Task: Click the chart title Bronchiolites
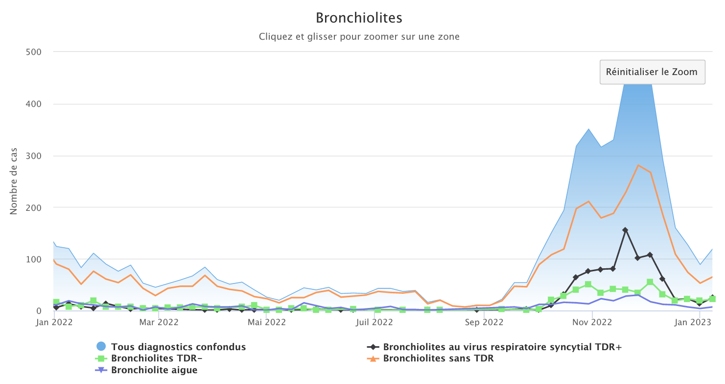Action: pos(359,18)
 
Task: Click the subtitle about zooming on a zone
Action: pos(359,37)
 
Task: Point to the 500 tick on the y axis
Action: pos(33,52)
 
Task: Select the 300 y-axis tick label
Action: pos(33,156)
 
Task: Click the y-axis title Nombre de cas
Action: pos(13,181)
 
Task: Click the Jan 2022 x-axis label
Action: pos(54,322)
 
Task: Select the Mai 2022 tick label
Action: pos(267,322)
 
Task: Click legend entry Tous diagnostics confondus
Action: pos(178,347)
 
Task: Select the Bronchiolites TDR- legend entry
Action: pos(157,358)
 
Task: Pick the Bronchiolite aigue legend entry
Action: pos(154,370)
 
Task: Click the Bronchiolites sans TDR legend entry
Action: pos(438,358)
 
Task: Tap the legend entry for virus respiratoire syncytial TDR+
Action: pos(502,347)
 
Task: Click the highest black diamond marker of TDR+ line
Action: pos(625,230)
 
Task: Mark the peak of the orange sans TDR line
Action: pos(638,165)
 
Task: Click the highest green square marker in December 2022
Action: pos(650,282)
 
